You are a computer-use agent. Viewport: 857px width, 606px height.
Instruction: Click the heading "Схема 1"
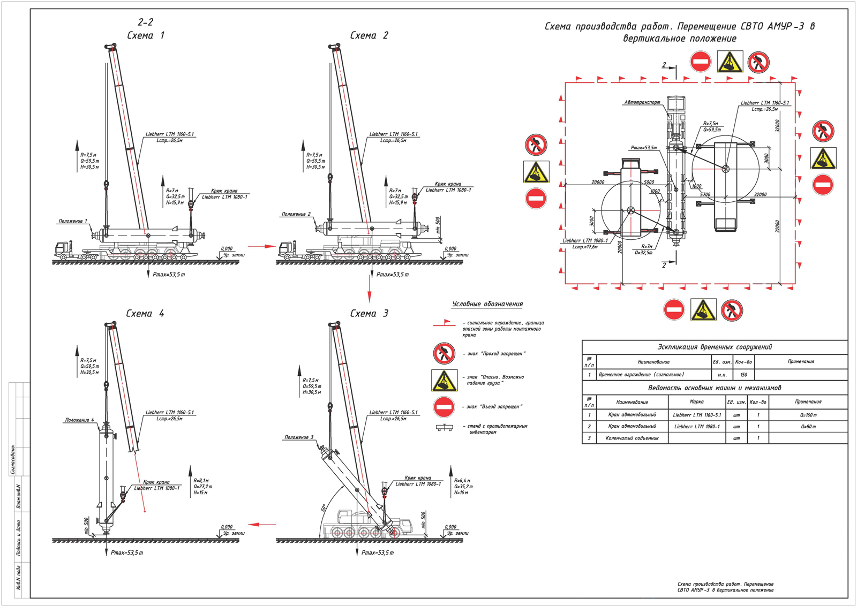[x=145, y=35]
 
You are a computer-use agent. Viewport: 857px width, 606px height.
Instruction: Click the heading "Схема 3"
[x=369, y=313]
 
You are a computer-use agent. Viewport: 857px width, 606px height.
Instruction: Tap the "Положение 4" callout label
[x=79, y=420]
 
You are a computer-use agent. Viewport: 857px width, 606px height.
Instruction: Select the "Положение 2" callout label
[x=296, y=214]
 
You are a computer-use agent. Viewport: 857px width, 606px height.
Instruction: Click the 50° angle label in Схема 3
[x=324, y=507]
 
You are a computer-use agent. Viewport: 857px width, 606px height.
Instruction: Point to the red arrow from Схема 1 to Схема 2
[x=261, y=246]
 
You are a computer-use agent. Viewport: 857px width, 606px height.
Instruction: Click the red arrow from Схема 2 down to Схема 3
[x=370, y=292]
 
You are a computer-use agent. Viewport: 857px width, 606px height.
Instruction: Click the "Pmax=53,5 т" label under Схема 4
[x=127, y=552]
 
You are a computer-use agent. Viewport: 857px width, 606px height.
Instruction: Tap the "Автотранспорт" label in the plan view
[x=642, y=102]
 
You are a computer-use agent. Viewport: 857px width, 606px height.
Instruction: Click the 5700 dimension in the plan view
[x=705, y=195]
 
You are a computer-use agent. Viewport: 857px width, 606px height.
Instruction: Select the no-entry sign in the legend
[x=444, y=407]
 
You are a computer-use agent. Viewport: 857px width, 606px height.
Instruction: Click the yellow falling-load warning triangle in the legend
[x=444, y=380]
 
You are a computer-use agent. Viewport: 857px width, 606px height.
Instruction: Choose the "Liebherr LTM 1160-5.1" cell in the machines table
[x=696, y=415]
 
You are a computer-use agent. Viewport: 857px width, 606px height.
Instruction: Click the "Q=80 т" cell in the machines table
[x=808, y=427]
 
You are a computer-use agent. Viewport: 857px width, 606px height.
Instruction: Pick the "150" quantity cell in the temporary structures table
[x=743, y=375]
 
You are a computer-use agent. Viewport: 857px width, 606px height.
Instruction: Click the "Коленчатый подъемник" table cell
[x=632, y=438]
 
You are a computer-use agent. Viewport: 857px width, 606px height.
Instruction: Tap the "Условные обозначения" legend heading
[x=487, y=304]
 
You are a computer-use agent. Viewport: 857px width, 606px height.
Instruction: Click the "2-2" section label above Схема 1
[x=145, y=22]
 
